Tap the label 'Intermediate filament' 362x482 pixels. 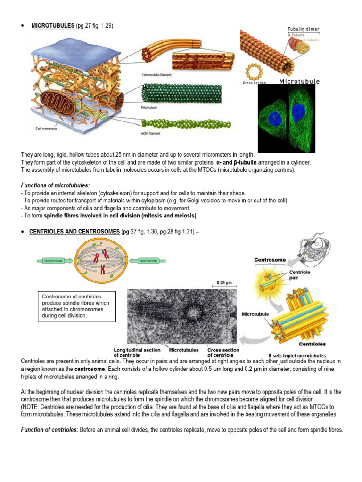(156, 75)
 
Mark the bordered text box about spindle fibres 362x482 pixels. (76, 306)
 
